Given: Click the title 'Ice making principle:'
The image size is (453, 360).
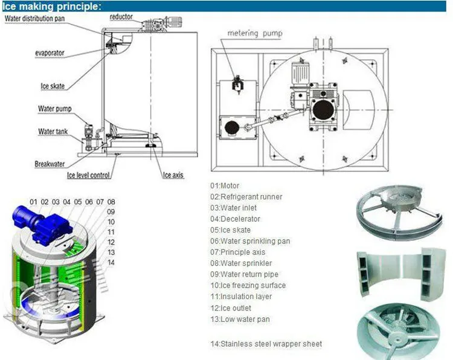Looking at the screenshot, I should coord(51,6).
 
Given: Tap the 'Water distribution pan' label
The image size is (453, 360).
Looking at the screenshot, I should coord(36,18).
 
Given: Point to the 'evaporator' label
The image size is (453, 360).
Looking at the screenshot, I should coord(51,53).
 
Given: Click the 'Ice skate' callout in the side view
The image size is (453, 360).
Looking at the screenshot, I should coord(53,86).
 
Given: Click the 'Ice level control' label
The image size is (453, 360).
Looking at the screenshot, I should coord(88,176).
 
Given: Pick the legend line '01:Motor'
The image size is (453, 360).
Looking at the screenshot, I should coord(225,186).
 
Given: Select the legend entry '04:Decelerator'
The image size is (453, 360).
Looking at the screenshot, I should coord(235,219).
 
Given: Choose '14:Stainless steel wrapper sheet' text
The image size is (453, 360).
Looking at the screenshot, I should coord(266,344).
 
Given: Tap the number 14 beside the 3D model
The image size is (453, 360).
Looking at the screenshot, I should coord(110,262).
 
